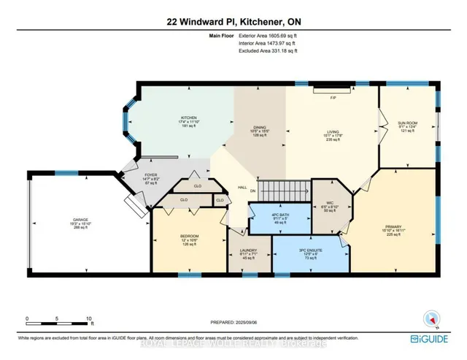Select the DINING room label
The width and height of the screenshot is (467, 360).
coord(252,126)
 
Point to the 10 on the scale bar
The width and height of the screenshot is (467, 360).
coord(88,319)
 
